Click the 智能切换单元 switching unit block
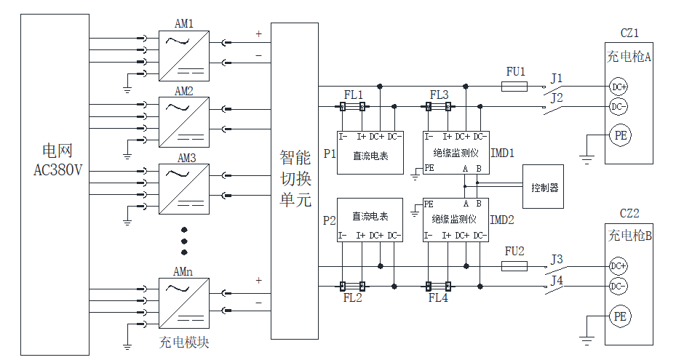(294, 180)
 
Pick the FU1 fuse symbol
(515, 87)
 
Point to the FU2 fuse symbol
(515, 266)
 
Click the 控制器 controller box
(544, 187)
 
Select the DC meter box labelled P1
(370, 153)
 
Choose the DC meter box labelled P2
(370, 220)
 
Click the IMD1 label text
(503, 153)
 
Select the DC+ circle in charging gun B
(619, 266)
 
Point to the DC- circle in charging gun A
(619, 107)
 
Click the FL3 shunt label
(440, 95)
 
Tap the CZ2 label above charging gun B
(629, 213)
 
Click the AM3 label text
(186, 157)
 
